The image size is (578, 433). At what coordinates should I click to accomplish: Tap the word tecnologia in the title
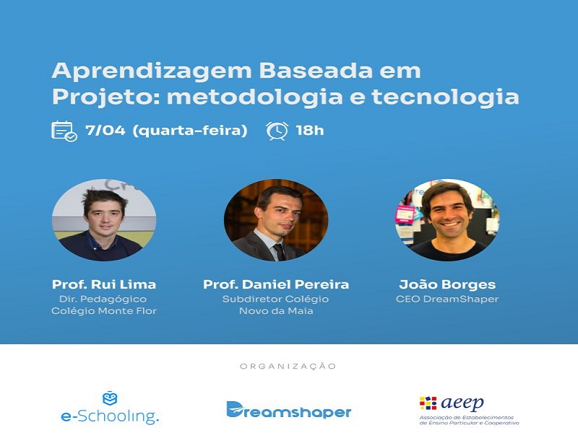click(445, 97)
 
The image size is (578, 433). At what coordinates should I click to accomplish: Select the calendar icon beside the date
click(64, 131)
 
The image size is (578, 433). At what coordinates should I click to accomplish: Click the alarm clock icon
click(277, 131)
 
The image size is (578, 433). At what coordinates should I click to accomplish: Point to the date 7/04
click(105, 131)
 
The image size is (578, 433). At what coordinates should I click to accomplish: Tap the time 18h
click(310, 131)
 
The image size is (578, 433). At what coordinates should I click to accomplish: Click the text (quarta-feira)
click(190, 131)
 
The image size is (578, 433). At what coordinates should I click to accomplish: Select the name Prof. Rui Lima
click(104, 284)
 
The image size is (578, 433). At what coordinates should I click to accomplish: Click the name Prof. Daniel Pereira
click(276, 284)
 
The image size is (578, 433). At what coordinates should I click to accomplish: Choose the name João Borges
click(447, 284)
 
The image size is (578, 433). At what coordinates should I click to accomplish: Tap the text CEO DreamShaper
click(447, 299)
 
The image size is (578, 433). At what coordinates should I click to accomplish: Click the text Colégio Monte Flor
click(104, 311)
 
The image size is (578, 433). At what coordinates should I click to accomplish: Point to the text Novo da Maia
click(276, 311)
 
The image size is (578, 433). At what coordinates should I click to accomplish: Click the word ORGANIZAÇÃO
click(288, 367)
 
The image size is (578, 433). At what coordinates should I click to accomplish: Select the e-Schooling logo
click(110, 407)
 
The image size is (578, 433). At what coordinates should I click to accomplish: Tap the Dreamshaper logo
click(288, 410)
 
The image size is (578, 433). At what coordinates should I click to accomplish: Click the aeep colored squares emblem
click(428, 403)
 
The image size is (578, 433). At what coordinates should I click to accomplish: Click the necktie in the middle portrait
click(279, 252)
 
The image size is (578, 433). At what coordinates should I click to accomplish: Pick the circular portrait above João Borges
click(447, 220)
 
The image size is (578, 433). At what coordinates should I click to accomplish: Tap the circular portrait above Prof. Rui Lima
click(104, 220)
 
